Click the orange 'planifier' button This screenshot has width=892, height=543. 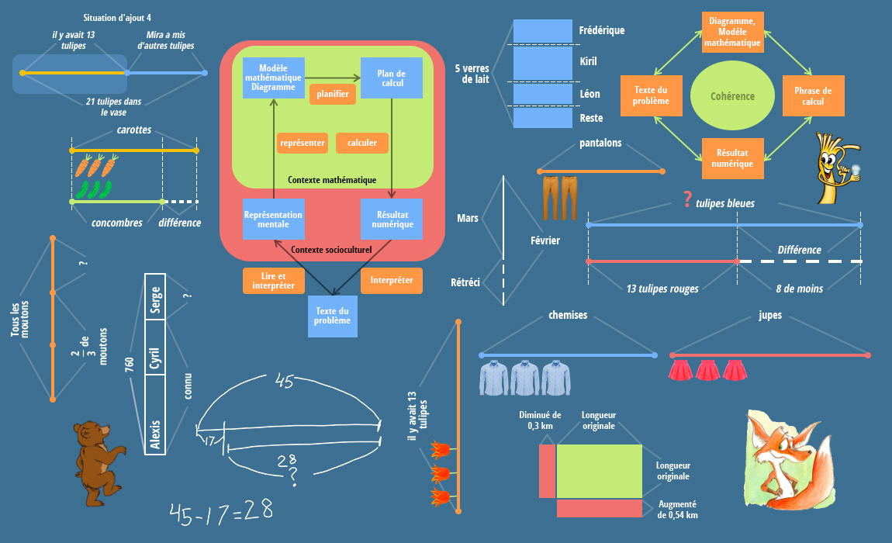(x=333, y=94)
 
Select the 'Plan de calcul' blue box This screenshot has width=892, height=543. (x=392, y=78)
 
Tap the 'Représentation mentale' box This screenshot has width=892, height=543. (x=272, y=219)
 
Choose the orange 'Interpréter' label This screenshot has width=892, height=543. (x=392, y=280)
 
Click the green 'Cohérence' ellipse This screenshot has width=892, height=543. (x=732, y=96)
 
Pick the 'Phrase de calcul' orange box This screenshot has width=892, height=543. (x=813, y=96)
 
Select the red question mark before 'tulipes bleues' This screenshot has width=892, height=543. (x=686, y=200)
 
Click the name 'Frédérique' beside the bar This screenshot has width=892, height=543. (x=602, y=30)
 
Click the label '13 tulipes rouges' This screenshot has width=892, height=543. (x=662, y=289)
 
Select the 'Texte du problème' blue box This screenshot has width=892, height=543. (x=333, y=316)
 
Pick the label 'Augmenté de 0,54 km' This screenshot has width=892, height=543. (x=677, y=509)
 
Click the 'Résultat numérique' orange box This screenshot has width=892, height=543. (x=732, y=158)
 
